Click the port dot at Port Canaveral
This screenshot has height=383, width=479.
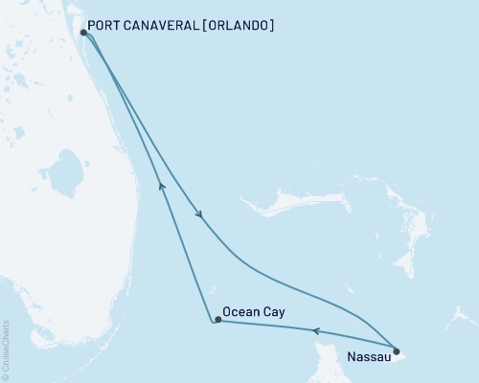[84, 32]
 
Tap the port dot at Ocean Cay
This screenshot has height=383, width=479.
[218, 320]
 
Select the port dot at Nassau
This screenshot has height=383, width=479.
[397, 350]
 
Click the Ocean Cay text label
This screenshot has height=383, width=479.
[253, 312]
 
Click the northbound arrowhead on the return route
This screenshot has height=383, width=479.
[162, 188]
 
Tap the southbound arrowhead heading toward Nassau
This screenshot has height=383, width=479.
[199, 216]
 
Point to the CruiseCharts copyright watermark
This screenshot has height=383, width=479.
[6, 350]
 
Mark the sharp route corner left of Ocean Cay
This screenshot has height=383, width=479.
[210, 322]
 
